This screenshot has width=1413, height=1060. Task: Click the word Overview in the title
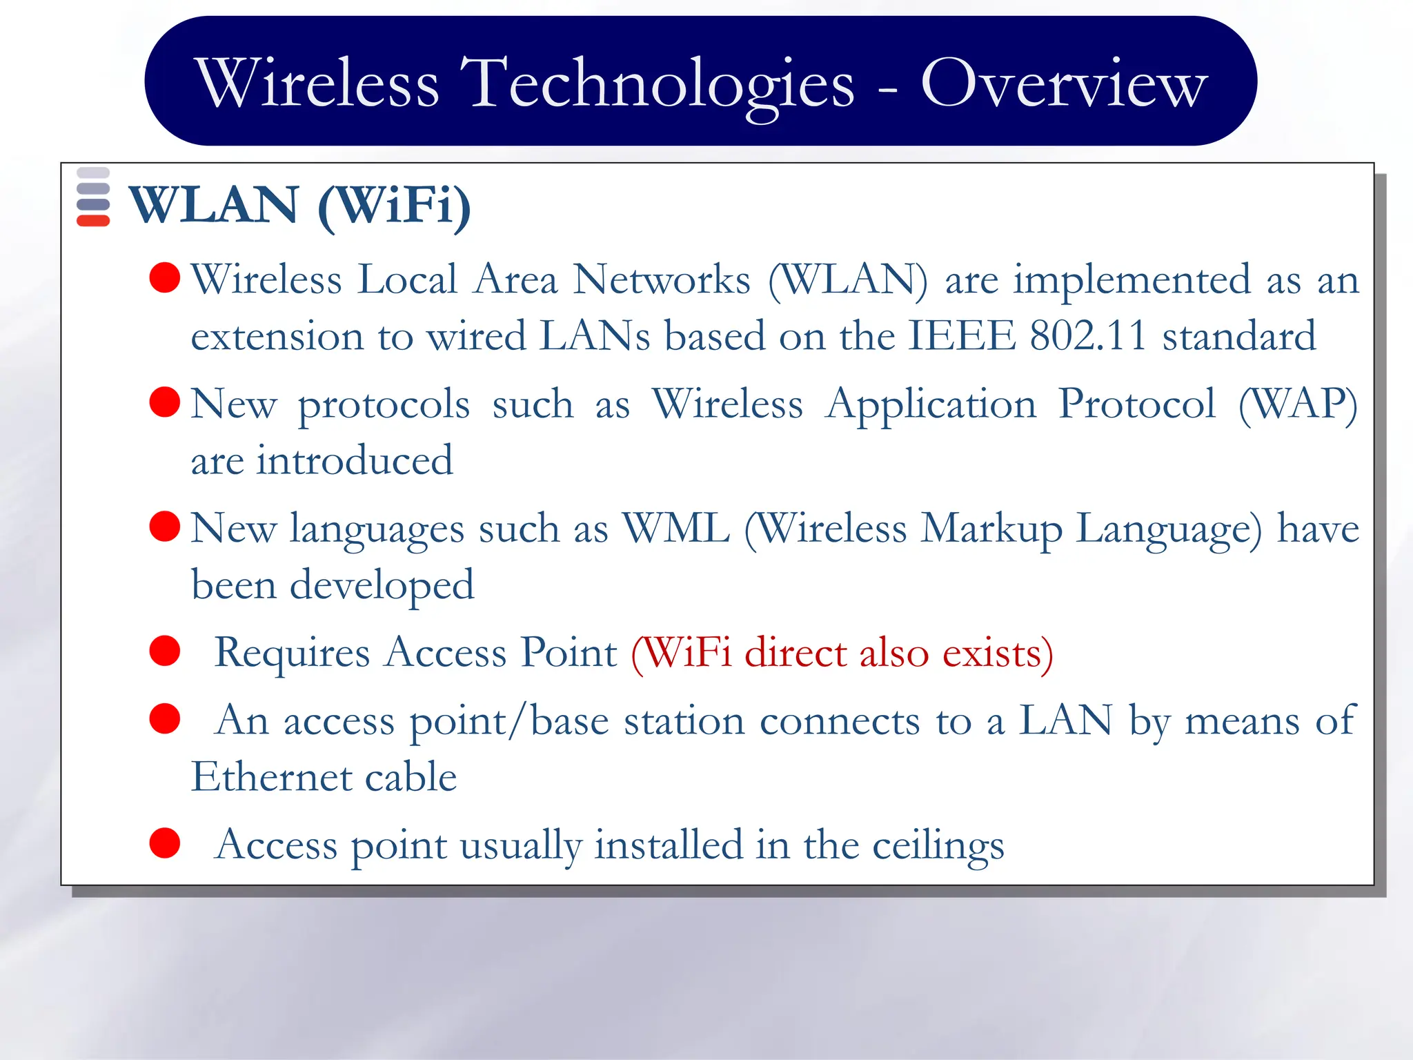click(x=1064, y=83)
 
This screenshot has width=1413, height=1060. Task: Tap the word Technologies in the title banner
click(x=661, y=84)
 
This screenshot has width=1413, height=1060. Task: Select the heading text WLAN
click(x=214, y=205)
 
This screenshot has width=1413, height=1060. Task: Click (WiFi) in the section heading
click(x=395, y=206)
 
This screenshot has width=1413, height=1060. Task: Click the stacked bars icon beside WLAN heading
click(x=93, y=197)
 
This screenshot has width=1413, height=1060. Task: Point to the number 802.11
click(x=1087, y=336)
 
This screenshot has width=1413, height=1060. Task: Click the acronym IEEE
click(x=961, y=336)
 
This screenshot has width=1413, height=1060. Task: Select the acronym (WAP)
click(x=1298, y=404)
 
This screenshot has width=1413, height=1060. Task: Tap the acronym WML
click(x=675, y=529)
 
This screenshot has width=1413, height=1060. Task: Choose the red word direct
click(x=796, y=652)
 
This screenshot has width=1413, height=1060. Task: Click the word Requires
click(x=292, y=654)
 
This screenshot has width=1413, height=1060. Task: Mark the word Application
click(x=931, y=405)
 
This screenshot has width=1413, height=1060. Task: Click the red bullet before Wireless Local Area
click(x=165, y=277)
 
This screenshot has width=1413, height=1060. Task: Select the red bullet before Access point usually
click(x=165, y=843)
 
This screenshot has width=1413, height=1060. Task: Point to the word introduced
click(x=355, y=460)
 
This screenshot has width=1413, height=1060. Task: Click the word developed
click(x=382, y=586)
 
